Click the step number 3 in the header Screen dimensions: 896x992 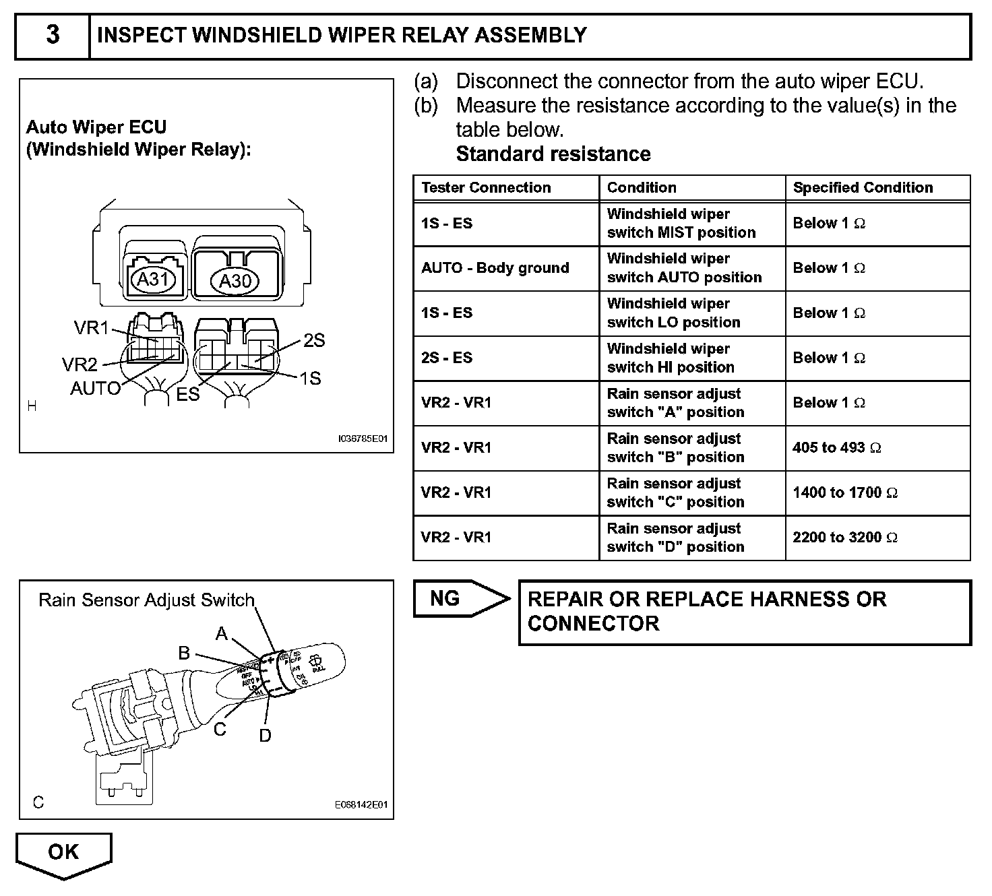53,35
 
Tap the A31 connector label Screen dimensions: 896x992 152,278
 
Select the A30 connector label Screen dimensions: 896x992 235,280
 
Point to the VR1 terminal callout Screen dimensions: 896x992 91,327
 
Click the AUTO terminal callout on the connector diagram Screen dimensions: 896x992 95,388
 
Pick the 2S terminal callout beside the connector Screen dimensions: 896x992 314,340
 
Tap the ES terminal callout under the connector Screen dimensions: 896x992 188,394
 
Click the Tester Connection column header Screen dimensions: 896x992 486,188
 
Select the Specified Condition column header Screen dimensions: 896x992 863,188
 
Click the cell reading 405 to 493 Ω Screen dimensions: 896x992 836,447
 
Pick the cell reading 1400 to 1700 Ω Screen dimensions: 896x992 844,492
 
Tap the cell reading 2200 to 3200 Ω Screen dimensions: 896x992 844,538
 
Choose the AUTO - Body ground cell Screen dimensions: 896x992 495,268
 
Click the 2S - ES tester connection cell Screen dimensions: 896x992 447,358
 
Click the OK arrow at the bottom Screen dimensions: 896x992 63,854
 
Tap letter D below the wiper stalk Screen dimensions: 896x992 265,735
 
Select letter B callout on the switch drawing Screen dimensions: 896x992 184,652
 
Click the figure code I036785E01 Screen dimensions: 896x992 363,439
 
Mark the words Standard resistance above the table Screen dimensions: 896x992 553,154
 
